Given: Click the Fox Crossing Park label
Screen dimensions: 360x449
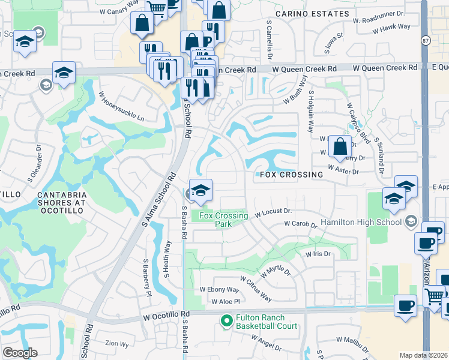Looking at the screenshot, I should click(223, 219).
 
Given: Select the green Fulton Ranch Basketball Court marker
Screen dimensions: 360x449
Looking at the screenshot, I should click(226, 321).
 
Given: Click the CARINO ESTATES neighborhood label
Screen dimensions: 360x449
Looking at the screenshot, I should click(304, 13).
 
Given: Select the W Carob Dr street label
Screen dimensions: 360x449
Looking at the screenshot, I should click(300, 224).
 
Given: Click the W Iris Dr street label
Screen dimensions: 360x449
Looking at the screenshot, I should click(318, 254).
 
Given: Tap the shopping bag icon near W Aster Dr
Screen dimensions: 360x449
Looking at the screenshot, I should click(340, 146).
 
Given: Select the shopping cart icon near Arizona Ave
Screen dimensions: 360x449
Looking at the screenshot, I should click(434, 295).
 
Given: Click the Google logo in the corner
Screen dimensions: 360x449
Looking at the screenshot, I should click(19, 353).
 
